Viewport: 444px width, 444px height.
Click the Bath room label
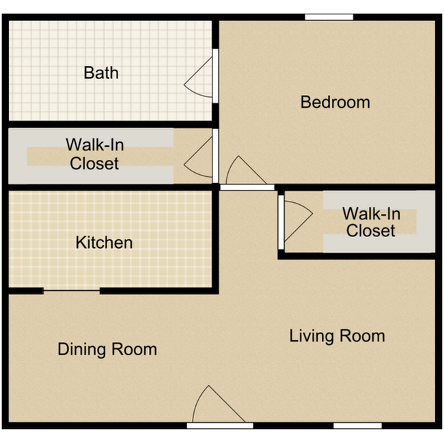101,72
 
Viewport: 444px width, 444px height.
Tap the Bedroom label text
335,102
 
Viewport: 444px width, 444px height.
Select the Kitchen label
104,242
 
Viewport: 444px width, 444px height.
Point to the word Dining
81,350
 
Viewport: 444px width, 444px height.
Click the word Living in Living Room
311,336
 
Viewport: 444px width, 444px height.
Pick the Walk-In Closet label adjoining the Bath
94,154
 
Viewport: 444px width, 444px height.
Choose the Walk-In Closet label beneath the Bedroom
370,223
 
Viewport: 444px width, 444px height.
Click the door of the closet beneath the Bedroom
296,222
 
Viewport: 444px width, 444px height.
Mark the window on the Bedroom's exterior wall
329,17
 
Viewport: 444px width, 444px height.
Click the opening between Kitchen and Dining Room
72,291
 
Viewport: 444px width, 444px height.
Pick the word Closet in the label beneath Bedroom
370,231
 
